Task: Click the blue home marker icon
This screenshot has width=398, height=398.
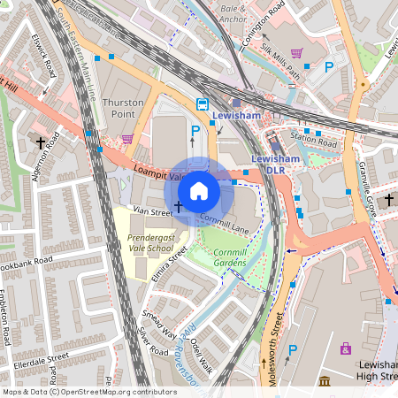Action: coord(199,190)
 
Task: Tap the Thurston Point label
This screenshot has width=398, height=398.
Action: coord(124,109)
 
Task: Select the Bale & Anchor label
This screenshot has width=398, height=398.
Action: coord(232,12)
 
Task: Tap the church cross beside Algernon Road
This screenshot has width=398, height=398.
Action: coord(41,141)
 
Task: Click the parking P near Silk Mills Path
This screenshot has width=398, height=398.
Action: coord(329,66)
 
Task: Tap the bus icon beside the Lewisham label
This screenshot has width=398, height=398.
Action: coord(203,103)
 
